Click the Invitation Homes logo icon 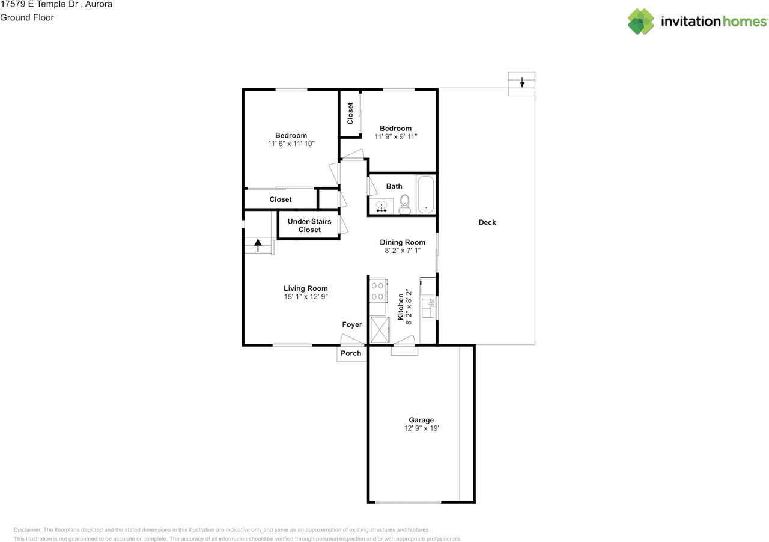pos(641,22)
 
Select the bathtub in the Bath pos(425,194)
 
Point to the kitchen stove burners pos(377,291)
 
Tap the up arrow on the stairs pos(258,245)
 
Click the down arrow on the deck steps pos(522,82)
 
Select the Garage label pos(421,420)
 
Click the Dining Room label pos(403,242)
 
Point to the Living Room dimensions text pos(306,297)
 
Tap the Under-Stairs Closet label pos(309,225)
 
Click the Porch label pos(351,353)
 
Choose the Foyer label pos(352,325)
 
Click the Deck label pos(487,222)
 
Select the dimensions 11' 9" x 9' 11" pos(395,137)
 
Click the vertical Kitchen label pos(401,306)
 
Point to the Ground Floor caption pos(27,17)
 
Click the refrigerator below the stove pos(378,329)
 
